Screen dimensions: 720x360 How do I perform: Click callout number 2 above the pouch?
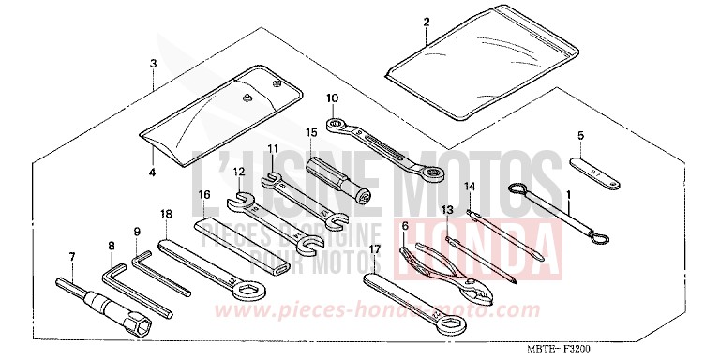(426, 21)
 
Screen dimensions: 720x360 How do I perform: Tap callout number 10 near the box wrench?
(332, 97)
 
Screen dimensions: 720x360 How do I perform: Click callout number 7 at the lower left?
(71, 255)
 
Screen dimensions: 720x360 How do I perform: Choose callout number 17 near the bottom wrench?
(374, 249)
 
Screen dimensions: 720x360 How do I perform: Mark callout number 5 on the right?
(580, 136)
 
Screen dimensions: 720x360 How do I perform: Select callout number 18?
(167, 214)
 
